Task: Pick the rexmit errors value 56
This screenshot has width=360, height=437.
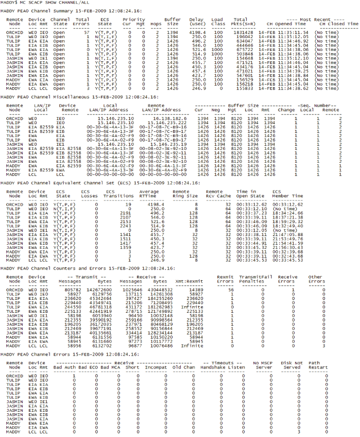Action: point(219,290)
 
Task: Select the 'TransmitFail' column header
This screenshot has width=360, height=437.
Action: point(251,276)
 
